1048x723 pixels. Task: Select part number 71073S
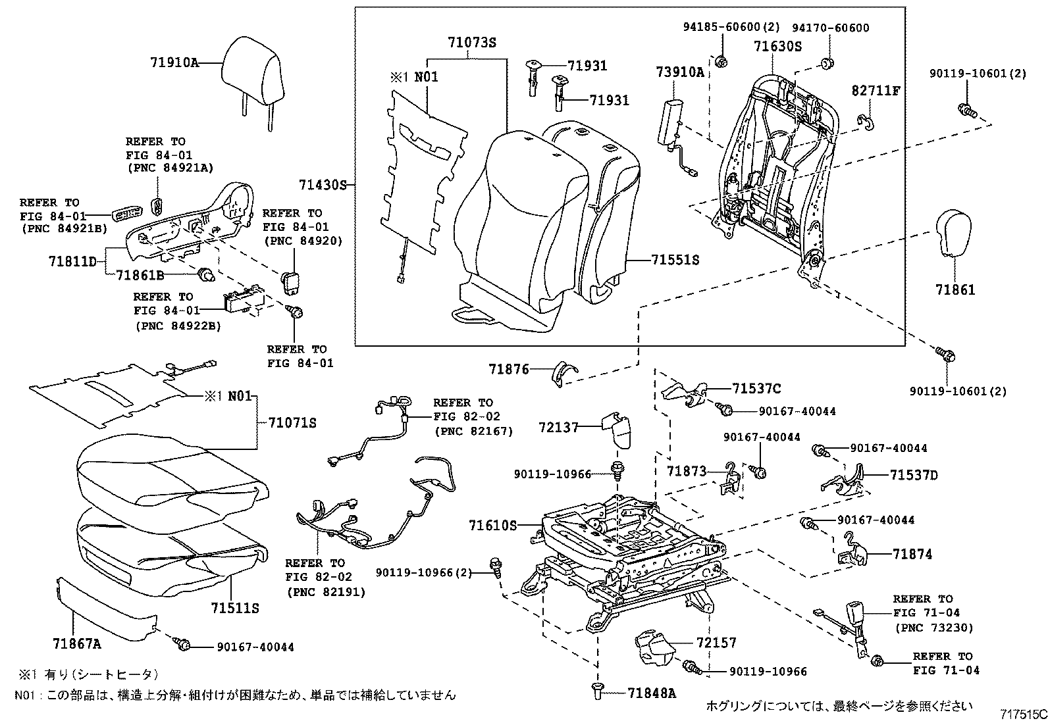472,43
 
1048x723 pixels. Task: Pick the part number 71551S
675,261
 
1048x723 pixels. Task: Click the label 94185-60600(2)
731,28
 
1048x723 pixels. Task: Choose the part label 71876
509,370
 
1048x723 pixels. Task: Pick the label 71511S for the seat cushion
235,609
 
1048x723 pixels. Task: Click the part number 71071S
292,423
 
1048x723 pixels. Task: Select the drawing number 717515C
1023,713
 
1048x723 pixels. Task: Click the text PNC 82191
326,592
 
